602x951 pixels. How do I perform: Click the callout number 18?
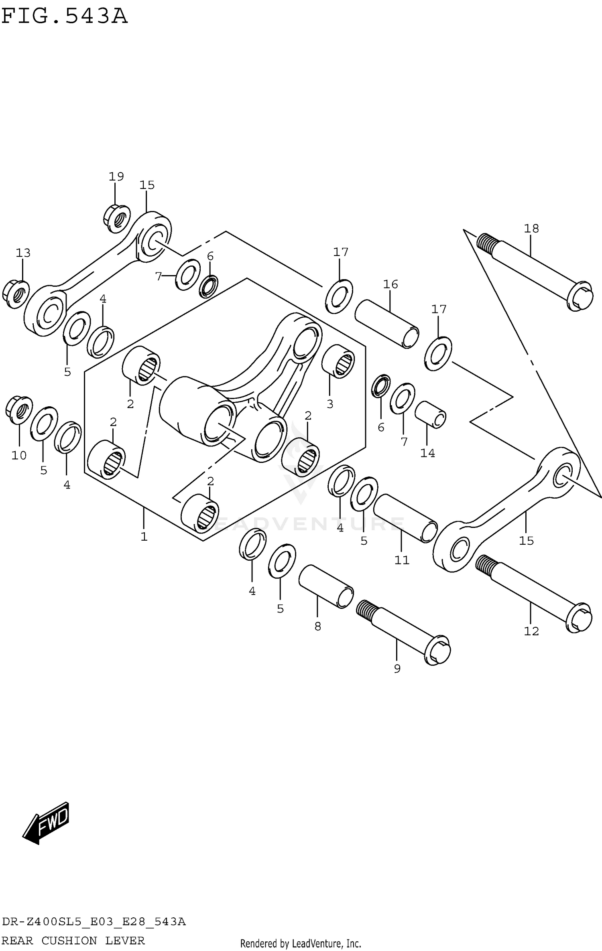click(531, 229)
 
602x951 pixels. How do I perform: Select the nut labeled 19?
click(117, 219)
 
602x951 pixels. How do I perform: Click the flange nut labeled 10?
click(19, 410)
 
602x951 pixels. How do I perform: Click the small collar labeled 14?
click(430, 414)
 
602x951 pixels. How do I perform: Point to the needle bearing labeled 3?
click(338, 361)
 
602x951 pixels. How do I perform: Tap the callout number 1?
click(144, 536)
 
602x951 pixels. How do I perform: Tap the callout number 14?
click(427, 453)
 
